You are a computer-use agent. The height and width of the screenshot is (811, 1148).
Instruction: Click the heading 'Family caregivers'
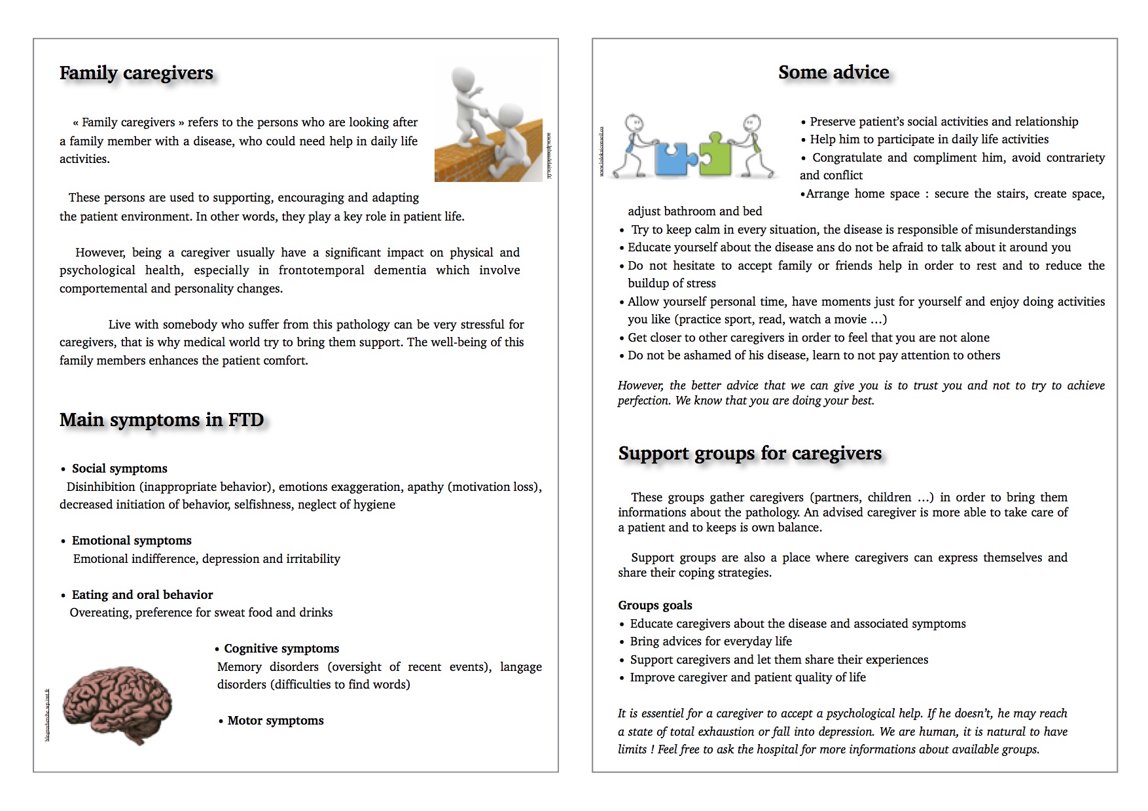[x=136, y=73]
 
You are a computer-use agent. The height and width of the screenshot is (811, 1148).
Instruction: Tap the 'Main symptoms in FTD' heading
[x=162, y=420]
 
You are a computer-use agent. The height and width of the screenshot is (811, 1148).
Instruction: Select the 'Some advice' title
[x=833, y=72]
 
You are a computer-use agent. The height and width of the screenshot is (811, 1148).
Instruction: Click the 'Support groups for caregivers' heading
[x=749, y=453]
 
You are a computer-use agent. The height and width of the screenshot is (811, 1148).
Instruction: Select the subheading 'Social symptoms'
[x=119, y=469]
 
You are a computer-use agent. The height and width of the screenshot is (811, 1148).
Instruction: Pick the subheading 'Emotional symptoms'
[x=132, y=541]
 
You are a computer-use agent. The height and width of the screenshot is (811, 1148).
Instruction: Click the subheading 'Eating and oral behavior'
[x=142, y=595]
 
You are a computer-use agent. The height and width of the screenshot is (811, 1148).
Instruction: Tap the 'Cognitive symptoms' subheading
[x=281, y=649]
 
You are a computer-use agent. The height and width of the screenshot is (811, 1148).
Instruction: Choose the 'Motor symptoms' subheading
[x=276, y=721]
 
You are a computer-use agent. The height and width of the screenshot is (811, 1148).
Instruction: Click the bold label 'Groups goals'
[x=655, y=605]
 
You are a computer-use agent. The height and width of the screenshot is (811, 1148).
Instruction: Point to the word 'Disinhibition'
[x=100, y=487]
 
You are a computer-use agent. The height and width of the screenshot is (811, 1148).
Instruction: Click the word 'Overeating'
[x=99, y=613]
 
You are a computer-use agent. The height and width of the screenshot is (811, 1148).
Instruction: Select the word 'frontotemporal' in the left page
[x=321, y=270]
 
